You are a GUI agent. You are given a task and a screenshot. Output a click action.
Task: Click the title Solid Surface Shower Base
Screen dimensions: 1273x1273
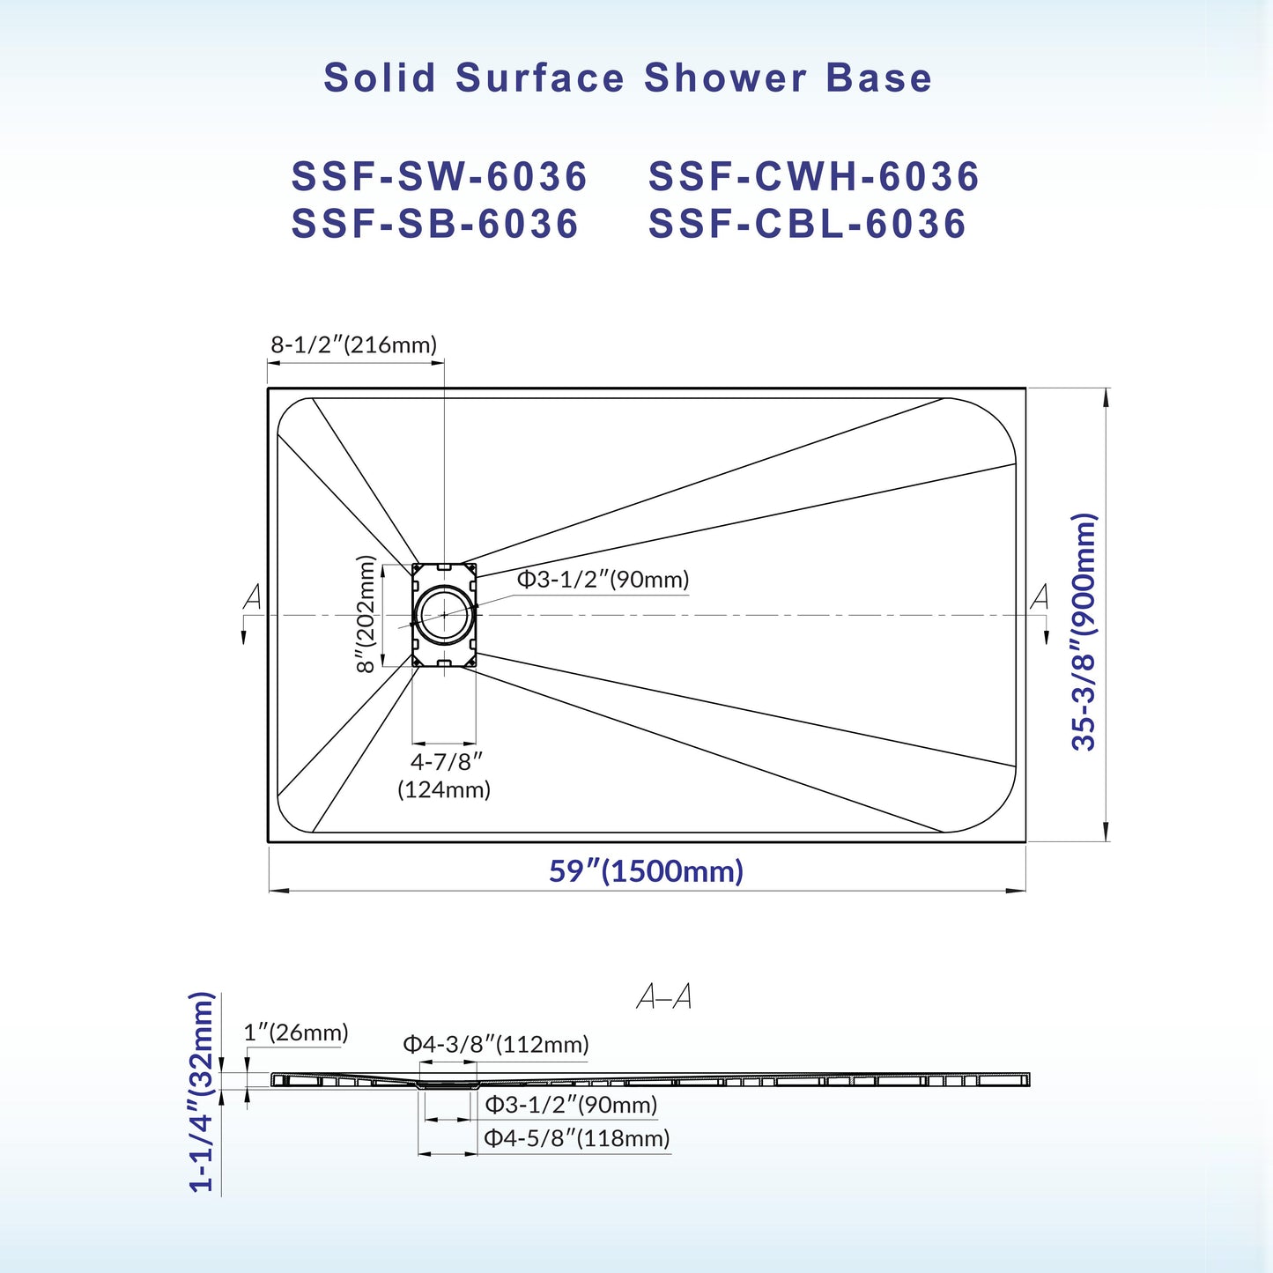coord(627,78)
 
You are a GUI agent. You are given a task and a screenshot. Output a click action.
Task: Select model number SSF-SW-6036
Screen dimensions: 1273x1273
coord(440,176)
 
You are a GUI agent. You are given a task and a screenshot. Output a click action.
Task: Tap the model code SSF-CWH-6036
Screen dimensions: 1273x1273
coord(814,176)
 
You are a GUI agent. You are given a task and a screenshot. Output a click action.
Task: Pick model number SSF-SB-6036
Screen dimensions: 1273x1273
coord(435,224)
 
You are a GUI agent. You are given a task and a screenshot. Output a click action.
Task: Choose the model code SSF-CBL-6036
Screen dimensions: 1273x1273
coord(808,224)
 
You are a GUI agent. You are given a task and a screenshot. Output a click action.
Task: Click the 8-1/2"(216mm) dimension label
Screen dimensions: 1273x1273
coord(353,344)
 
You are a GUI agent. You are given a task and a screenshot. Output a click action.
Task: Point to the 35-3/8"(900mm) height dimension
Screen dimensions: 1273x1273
coord(1084,631)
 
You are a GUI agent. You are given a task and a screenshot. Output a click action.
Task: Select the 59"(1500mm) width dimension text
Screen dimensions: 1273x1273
coord(646,871)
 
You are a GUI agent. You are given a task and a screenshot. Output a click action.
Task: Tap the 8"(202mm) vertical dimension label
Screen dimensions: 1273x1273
coord(366,614)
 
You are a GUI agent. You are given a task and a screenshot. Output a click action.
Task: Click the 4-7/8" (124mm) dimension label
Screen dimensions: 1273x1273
coord(445,775)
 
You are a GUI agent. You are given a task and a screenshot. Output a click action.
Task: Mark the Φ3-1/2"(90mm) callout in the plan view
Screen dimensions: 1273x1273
coord(603,580)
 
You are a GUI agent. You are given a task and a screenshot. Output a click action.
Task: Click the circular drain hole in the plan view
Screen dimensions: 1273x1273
coord(445,614)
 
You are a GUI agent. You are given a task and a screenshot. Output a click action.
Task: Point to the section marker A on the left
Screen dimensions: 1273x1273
coord(253,597)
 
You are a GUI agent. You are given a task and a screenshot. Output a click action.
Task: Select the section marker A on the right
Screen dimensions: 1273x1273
coord(1040,597)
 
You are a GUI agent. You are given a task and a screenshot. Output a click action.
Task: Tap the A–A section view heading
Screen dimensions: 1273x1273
coord(664,997)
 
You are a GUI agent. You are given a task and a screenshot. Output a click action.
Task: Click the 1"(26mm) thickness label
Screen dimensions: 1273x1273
coord(296,1032)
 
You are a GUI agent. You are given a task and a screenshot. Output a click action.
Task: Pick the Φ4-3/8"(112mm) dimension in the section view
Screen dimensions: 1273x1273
coord(496,1045)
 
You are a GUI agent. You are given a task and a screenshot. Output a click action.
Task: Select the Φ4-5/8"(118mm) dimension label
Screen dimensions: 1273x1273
coord(577,1138)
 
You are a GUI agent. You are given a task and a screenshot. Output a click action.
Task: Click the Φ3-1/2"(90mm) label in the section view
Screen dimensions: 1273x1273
coord(572,1105)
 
